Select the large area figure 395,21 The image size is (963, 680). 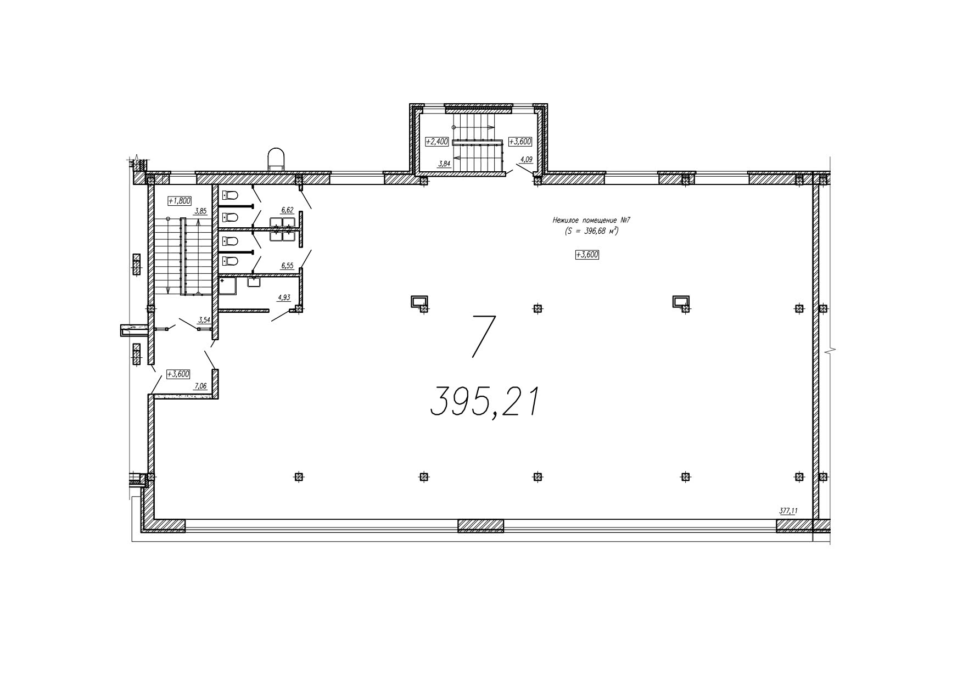click(x=483, y=402)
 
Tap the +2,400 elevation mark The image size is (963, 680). click(x=438, y=141)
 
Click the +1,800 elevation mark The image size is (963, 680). click(x=180, y=201)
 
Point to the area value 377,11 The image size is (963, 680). click(x=788, y=510)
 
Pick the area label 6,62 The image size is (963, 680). click(x=287, y=210)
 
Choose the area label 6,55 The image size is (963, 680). click(x=287, y=266)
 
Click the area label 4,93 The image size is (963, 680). click(x=284, y=297)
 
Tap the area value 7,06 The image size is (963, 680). click(x=200, y=386)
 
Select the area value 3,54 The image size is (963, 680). click(x=204, y=319)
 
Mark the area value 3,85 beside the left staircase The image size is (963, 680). click(x=200, y=211)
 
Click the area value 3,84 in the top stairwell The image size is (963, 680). click(x=445, y=163)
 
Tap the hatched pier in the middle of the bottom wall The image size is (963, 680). click(x=480, y=526)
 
